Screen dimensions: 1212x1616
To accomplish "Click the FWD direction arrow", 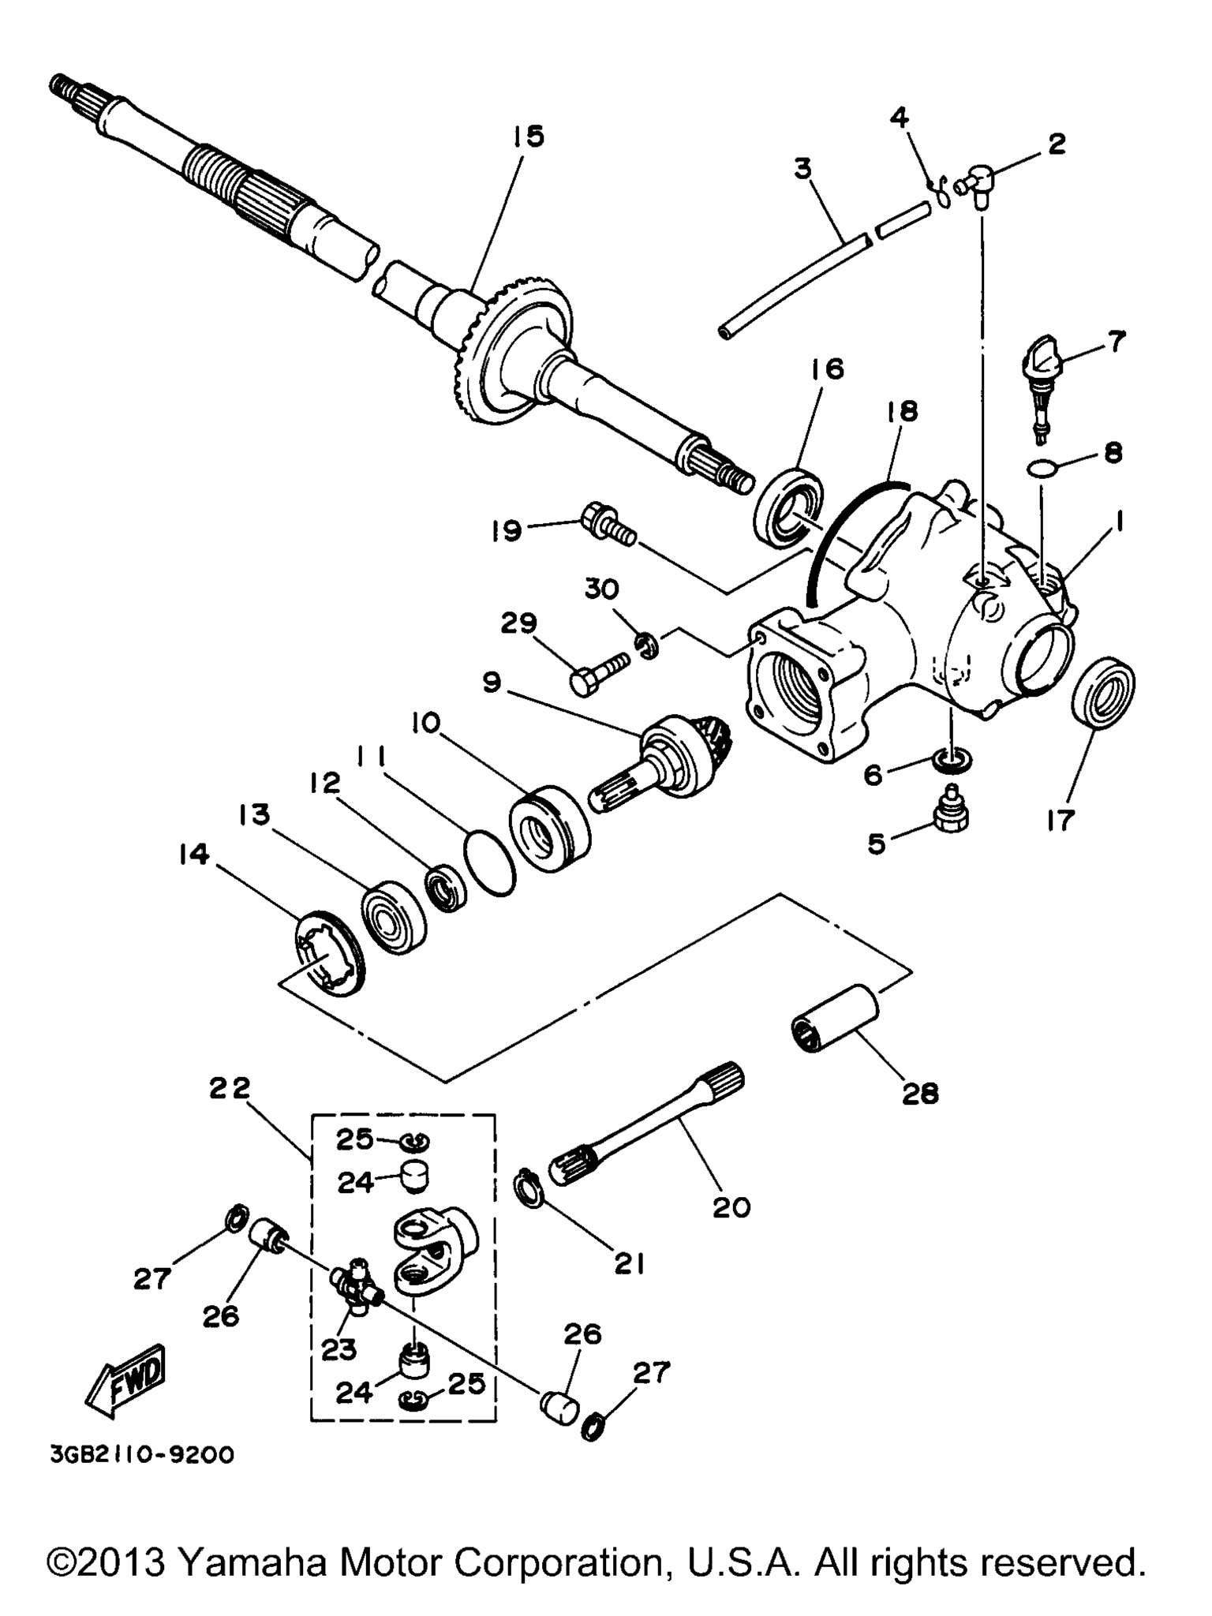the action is [x=126, y=1380].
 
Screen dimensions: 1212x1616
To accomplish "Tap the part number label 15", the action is [x=526, y=137].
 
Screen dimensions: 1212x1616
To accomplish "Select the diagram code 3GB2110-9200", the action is [x=142, y=1454].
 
